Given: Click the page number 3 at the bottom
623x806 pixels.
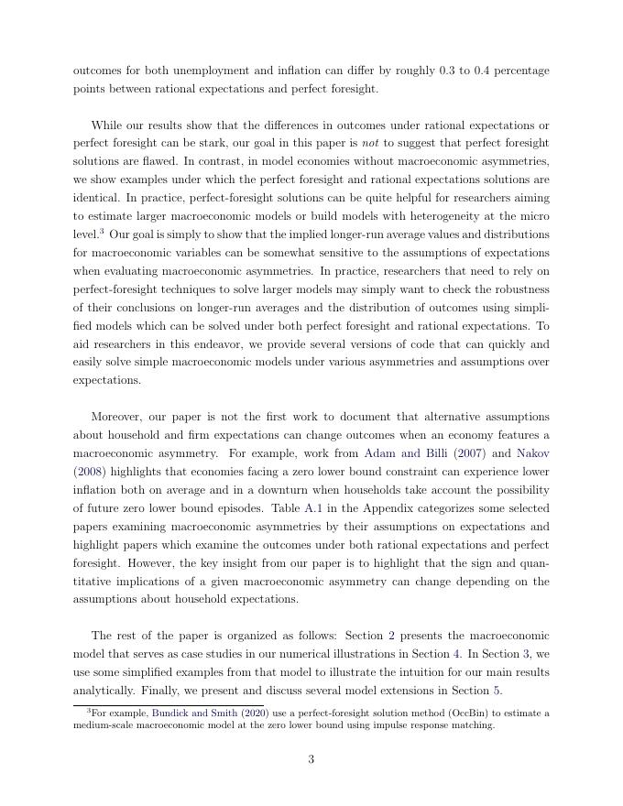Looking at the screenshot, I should point(311,758).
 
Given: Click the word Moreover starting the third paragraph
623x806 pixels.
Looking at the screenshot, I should point(119,416).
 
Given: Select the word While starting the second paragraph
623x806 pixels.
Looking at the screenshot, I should point(108,125).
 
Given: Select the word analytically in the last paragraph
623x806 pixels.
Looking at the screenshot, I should point(103,690).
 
